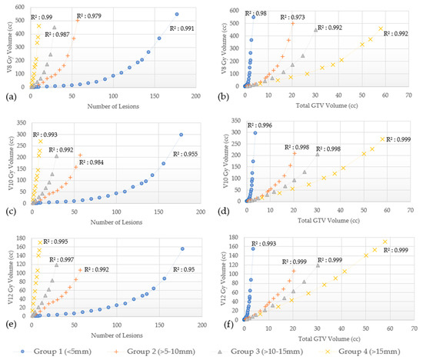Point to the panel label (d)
(x=222, y=210)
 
